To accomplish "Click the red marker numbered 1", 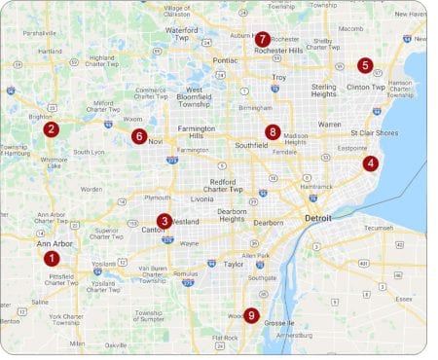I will click(52, 258).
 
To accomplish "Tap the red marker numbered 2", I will click(52, 128).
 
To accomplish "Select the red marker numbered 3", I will click(164, 221).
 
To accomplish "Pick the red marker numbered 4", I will click(371, 163).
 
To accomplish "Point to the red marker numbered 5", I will click(365, 65).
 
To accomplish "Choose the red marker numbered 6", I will click(139, 136).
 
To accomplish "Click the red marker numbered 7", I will click(263, 39).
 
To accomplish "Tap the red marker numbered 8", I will click(273, 131).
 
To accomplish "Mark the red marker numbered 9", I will click(251, 314).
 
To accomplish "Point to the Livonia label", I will click(201, 198).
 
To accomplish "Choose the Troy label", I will click(279, 77).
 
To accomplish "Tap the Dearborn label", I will click(268, 222).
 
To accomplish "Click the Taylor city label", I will click(233, 264).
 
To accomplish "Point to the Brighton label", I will click(37, 115).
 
